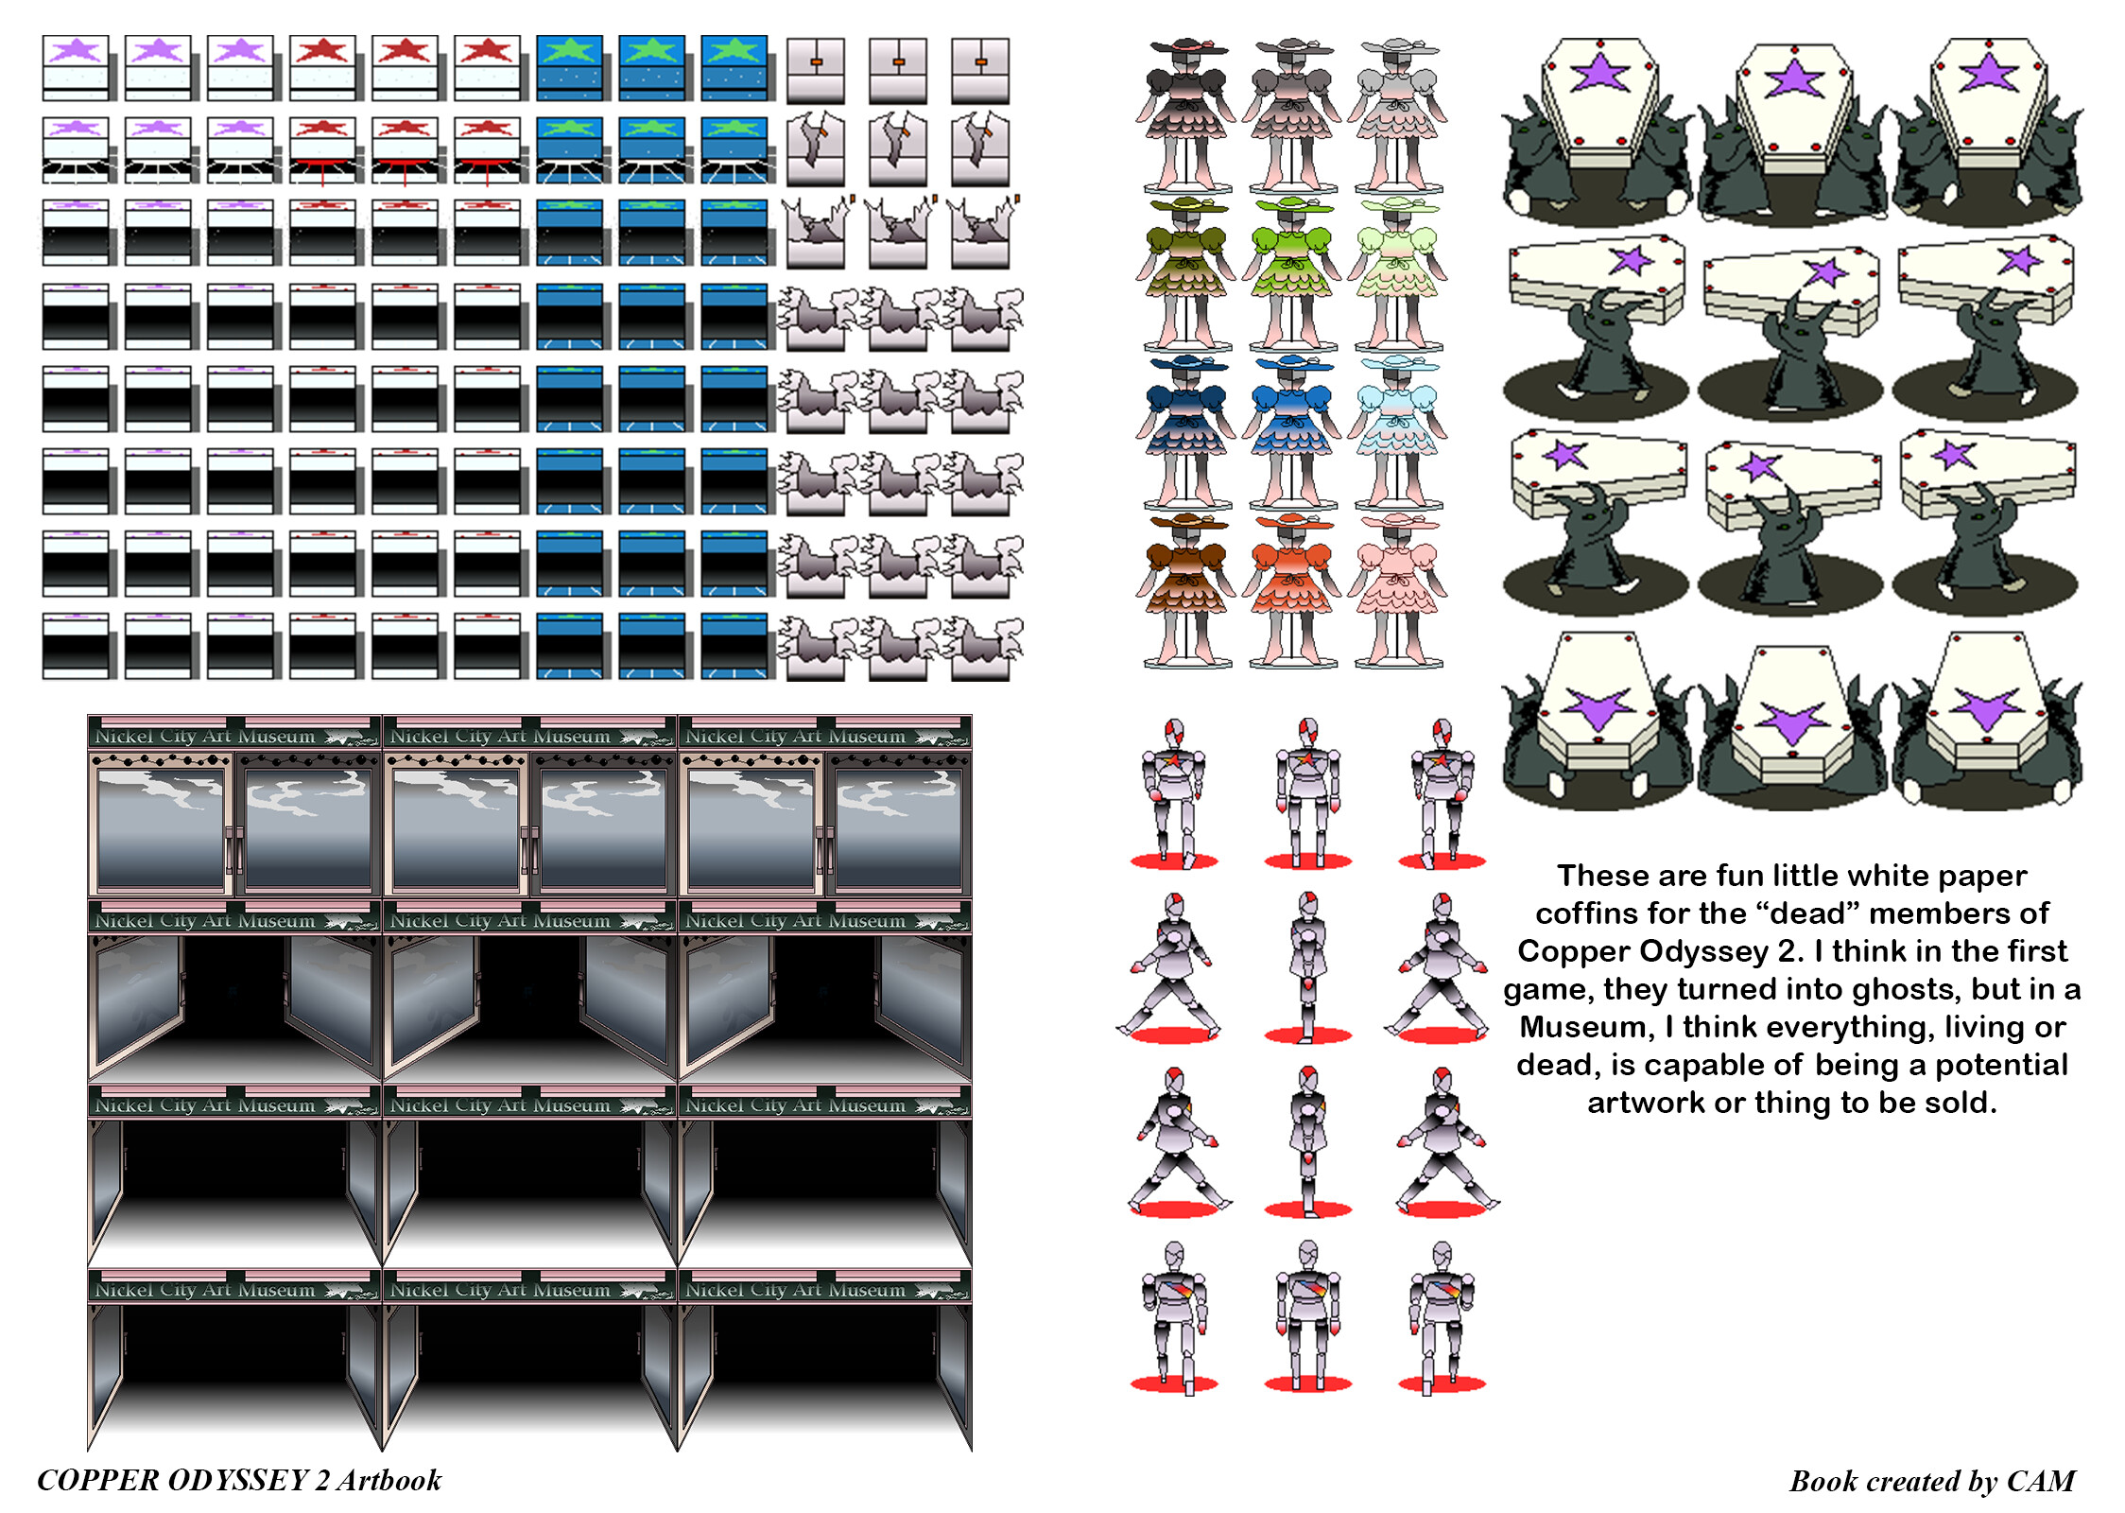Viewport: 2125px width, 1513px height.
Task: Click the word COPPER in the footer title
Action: pos(98,1480)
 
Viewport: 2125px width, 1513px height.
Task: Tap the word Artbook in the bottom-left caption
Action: pos(389,1480)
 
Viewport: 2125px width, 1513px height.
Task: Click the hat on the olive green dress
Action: pos(1186,204)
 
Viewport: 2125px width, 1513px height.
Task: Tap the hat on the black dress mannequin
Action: pos(1186,46)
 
